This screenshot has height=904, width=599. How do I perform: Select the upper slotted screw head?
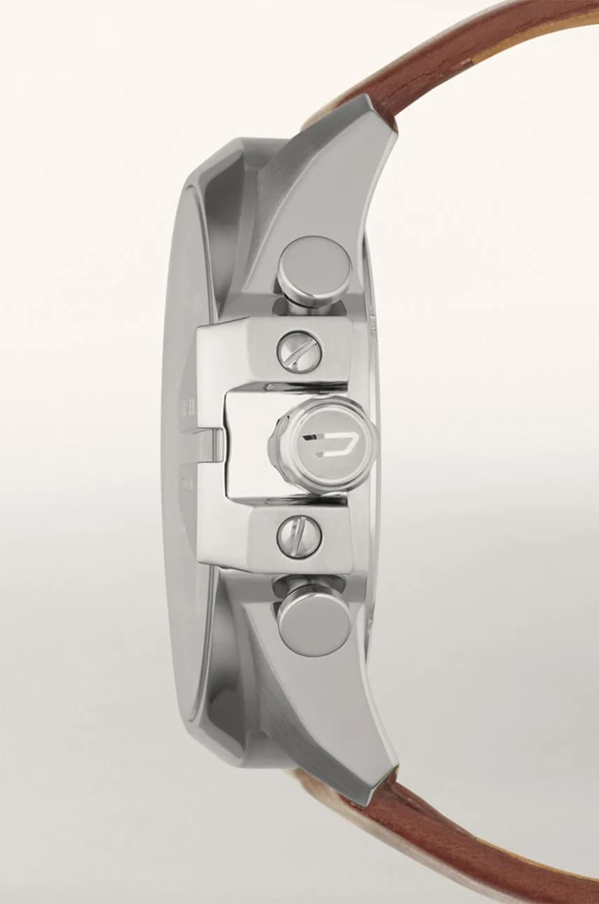coord(299,350)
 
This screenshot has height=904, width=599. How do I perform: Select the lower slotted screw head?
coord(299,536)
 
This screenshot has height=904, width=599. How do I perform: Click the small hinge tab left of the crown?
coord(212,446)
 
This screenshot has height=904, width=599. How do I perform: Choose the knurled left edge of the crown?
coord(277,444)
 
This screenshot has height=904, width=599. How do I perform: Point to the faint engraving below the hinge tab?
coord(188,484)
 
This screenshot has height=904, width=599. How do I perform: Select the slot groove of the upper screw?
coord(299,350)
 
